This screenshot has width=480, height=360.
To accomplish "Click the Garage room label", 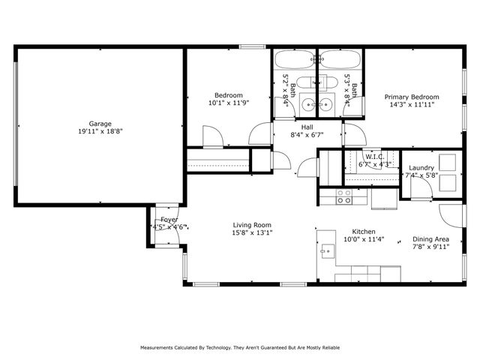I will (100, 124).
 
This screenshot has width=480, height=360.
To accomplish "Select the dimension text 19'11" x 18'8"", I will (100, 131).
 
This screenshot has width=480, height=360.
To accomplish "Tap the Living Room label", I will (252, 225).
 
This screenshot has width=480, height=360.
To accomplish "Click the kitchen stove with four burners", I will (343, 197).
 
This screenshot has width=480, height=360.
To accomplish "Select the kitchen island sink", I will (328, 250).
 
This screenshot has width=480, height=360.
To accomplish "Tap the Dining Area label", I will (431, 239).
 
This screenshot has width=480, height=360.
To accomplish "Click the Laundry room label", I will (421, 168).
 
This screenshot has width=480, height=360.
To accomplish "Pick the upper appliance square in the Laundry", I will (448, 161).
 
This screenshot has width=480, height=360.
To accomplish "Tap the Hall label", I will (307, 127).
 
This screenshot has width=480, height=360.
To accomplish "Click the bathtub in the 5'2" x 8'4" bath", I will (294, 61).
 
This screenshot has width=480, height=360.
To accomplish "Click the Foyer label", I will (169, 220).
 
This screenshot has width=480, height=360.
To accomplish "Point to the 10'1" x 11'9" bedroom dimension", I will (228, 103).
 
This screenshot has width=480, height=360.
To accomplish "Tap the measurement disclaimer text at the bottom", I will (240, 348).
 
